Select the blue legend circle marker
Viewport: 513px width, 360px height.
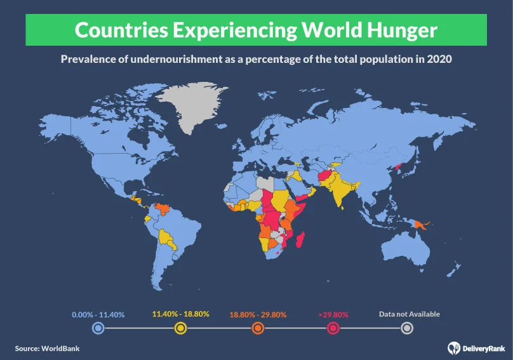tap(98, 328)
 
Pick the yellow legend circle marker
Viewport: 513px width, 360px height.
tap(180, 328)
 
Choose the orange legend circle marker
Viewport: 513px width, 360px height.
tap(258, 328)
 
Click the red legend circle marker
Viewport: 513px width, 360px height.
tap(333, 328)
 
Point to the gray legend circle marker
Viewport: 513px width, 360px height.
tap(408, 328)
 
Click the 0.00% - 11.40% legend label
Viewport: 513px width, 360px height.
tap(98, 314)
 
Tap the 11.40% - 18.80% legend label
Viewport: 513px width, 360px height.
tap(180, 314)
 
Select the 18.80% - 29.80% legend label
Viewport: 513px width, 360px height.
tap(258, 314)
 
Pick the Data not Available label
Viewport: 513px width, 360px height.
tap(409, 314)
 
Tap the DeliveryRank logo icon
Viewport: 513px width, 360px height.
tap(453, 347)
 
